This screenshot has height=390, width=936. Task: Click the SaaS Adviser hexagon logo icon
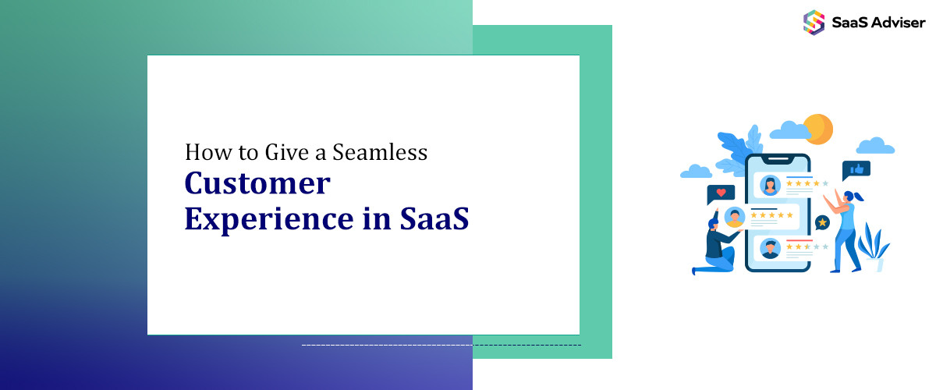click(814, 22)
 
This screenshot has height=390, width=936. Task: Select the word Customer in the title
click(257, 184)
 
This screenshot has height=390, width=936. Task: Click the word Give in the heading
click(271, 151)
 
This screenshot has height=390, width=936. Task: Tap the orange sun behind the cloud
click(818, 127)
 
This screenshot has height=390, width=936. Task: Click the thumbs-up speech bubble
click(856, 169)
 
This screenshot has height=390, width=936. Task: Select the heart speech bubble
click(721, 193)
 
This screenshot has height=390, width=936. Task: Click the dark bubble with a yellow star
click(822, 223)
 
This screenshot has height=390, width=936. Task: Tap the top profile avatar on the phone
click(771, 185)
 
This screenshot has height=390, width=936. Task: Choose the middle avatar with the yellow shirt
click(734, 216)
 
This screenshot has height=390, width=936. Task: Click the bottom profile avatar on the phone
click(771, 248)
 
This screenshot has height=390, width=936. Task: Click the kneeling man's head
click(714, 225)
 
